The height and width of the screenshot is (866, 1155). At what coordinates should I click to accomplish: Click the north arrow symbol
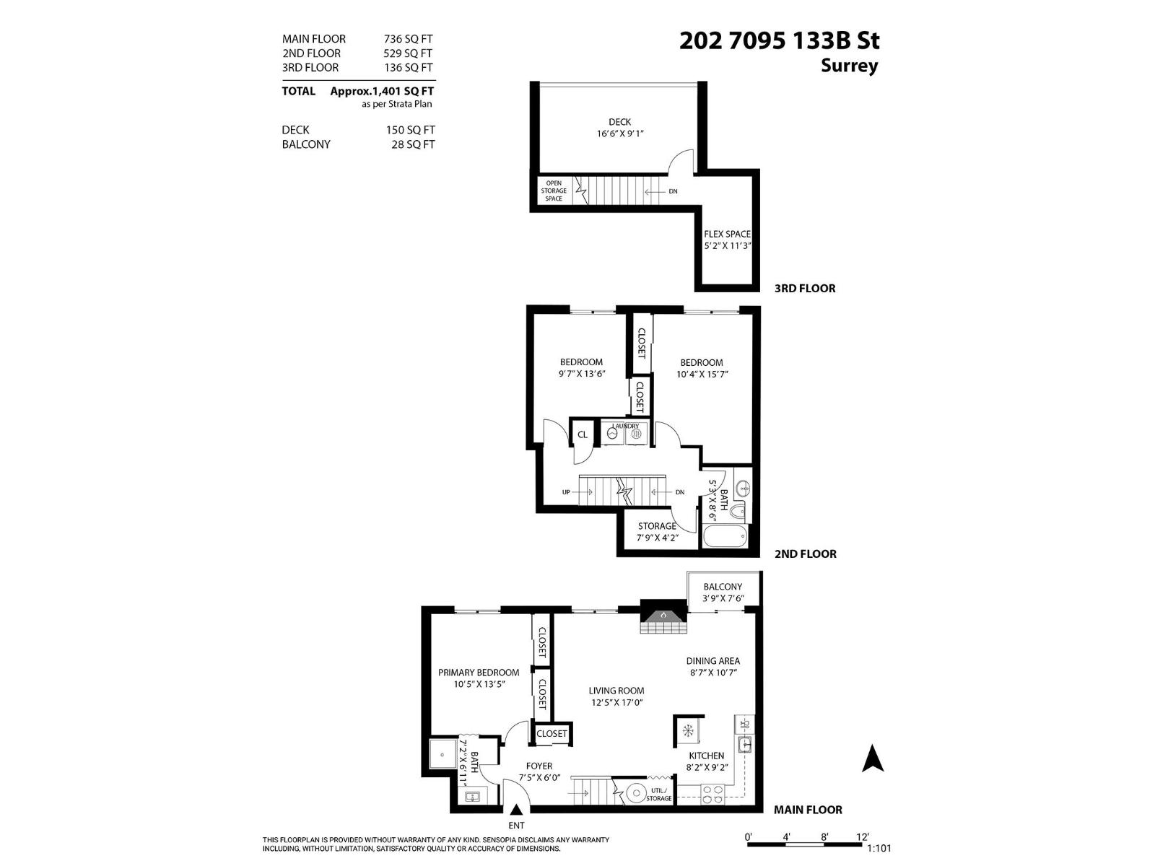click(873, 758)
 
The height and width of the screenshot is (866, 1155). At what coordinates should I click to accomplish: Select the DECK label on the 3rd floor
click(619, 122)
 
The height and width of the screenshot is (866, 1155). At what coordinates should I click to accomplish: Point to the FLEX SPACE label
click(727, 234)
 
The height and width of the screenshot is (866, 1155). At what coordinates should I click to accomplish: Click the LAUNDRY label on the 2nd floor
click(626, 427)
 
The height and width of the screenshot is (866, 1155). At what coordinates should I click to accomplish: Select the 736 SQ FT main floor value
click(408, 39)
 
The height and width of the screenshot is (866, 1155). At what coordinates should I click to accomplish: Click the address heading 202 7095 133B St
click(779, 41)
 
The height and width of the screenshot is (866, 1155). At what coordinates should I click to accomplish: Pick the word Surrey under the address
click(849, 66)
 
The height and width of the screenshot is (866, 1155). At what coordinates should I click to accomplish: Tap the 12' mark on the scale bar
click(862, 837)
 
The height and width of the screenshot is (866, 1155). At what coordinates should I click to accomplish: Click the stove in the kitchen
click(712, 794)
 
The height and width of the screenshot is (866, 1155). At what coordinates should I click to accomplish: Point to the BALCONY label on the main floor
click(722, 587)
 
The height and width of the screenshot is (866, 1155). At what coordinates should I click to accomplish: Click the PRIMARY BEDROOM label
click(478, 673)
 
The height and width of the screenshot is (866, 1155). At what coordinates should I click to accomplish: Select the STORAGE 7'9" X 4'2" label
click(656, 531)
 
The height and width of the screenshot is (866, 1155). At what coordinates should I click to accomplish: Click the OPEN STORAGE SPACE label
click(554, 191)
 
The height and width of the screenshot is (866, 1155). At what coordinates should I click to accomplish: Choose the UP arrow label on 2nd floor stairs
click(566, 492)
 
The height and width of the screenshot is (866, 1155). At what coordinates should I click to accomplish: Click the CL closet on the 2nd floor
click(582, 434)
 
